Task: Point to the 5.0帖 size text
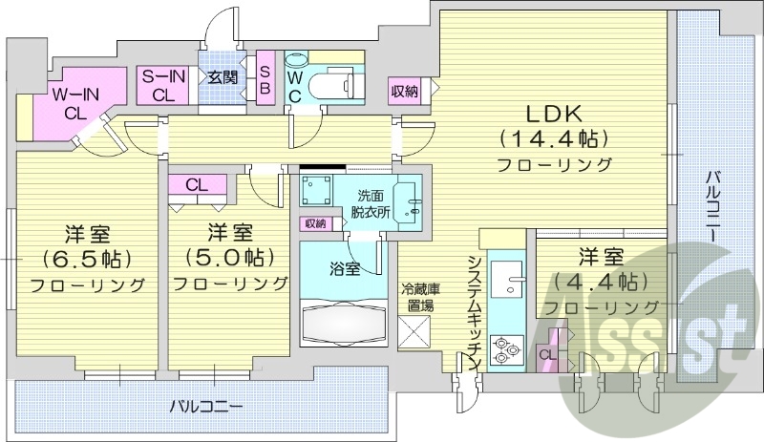(229, 258)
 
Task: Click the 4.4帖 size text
(601, 282)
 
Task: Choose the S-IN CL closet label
(163, 86)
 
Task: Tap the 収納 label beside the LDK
(403, 93)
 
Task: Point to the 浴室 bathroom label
(346, 268)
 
